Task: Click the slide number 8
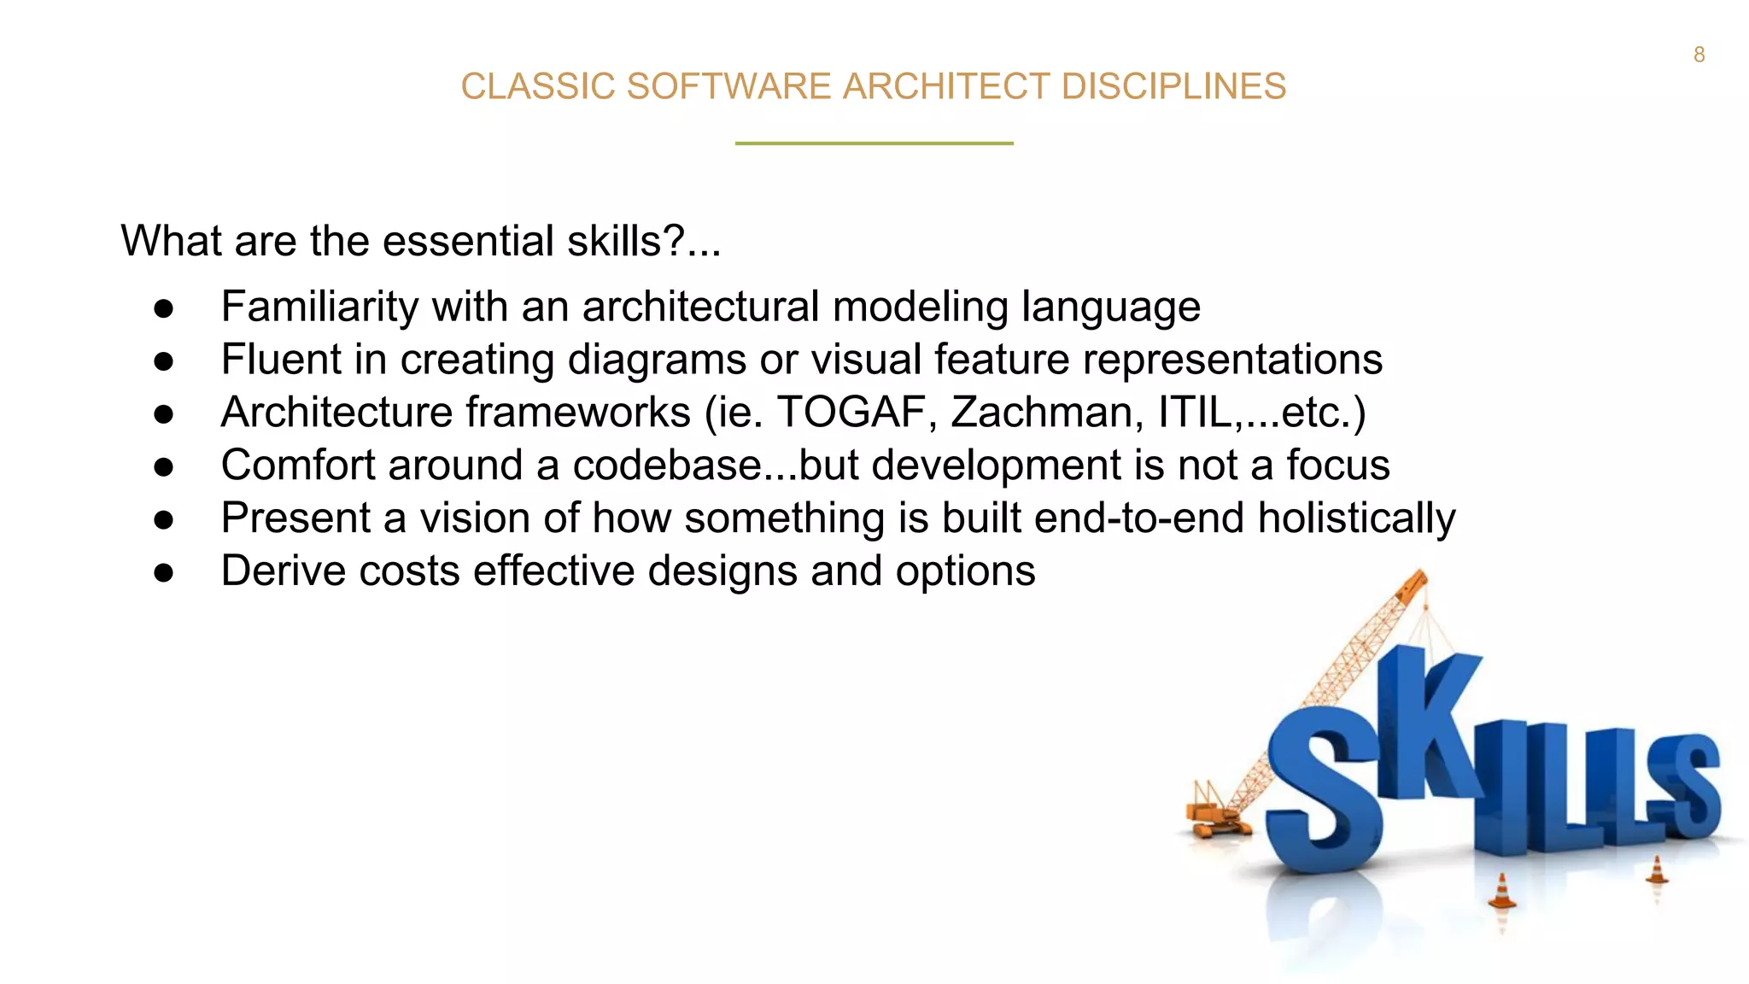coord(1699,55)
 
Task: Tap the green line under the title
coord(874,143)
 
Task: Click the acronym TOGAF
coord(851,413)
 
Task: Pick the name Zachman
coord(1047,413)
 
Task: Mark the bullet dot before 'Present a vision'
coord(164,519)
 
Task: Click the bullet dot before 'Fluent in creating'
coord(164,360)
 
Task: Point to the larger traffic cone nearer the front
coord(1501,892)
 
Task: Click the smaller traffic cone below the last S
coord(1657,870)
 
